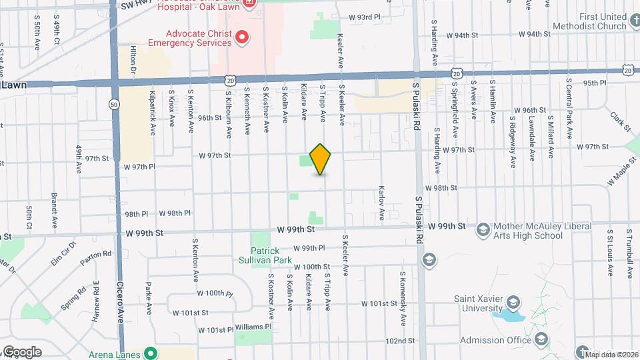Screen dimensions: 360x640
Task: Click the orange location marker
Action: tap(321, 159)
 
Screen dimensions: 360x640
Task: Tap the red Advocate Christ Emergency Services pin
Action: tap(242, 38)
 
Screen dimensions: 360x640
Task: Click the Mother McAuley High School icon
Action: tap(482, 230)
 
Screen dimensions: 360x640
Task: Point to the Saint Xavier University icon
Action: tap(513, 303)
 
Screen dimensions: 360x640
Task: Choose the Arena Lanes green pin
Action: tap(151, 353)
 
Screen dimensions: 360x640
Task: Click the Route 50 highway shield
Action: tap(115, 104)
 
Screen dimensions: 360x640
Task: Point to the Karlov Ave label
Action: tap(383, 203)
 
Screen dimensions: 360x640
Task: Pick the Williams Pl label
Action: tap(253, 327)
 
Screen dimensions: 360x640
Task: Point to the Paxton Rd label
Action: tap(98, 255)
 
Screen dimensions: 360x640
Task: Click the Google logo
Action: tap(21, 352)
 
